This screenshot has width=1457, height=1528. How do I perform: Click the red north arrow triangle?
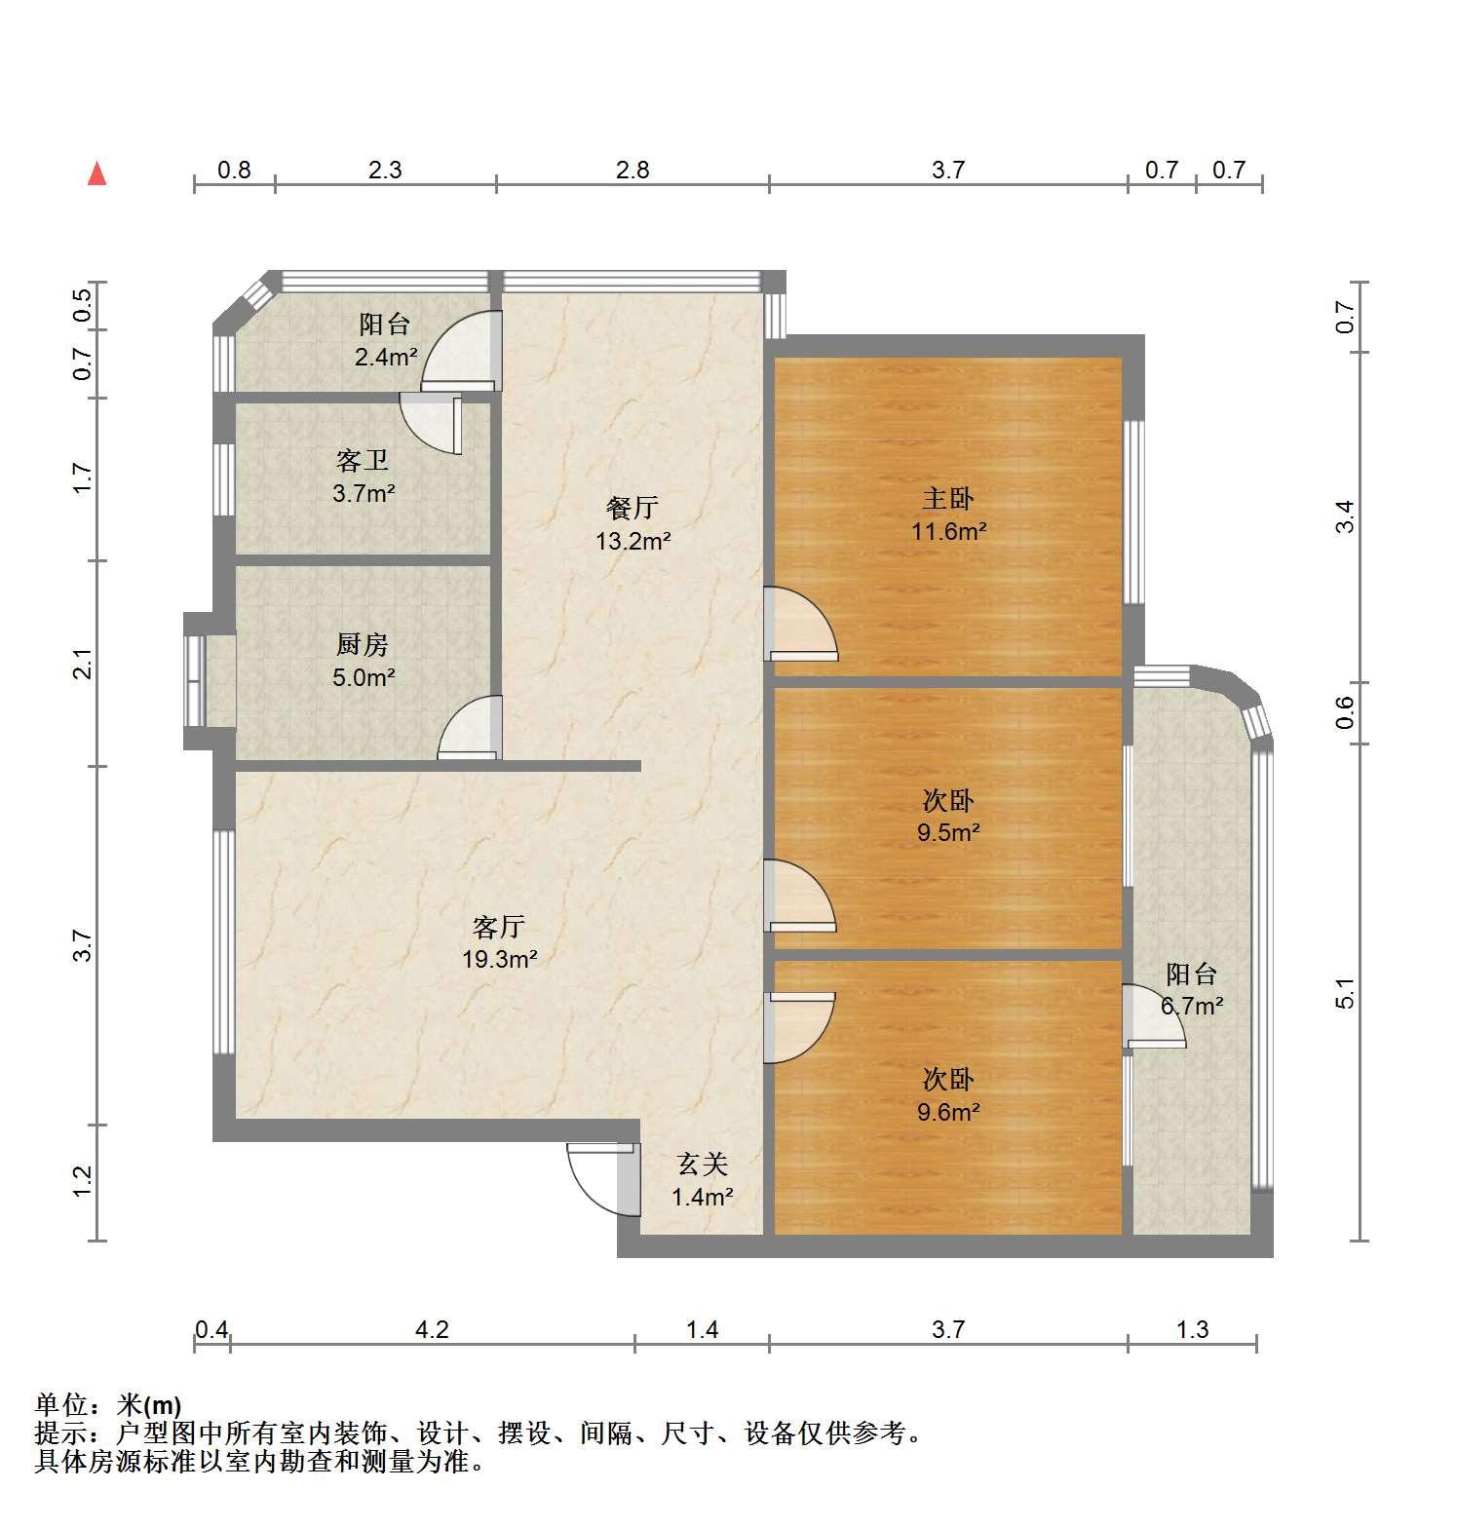tap(96, 173)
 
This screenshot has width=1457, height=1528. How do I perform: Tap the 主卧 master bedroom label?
tap(948, 499)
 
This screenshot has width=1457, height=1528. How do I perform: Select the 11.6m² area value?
tap(949, 531)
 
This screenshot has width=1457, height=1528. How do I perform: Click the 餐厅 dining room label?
tap(633, 508)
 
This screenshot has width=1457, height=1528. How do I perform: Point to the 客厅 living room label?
tap(499, 926)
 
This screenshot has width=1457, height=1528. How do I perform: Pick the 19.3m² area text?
tap(500, 959)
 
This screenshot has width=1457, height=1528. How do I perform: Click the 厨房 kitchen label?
tap(363, 644)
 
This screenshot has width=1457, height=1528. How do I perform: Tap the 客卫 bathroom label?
tap(363, 460)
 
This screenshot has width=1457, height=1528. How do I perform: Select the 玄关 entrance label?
tap(703, 1164)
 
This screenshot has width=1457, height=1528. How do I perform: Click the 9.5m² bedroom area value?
tap(948, 832)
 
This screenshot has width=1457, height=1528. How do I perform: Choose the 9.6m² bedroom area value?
tap(948, 1111)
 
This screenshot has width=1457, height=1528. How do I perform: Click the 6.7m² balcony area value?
tap(1192, 1005)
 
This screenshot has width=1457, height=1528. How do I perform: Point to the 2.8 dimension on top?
tap(633, 170)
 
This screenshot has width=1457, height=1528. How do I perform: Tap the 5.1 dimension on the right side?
tap(1346, 993)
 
